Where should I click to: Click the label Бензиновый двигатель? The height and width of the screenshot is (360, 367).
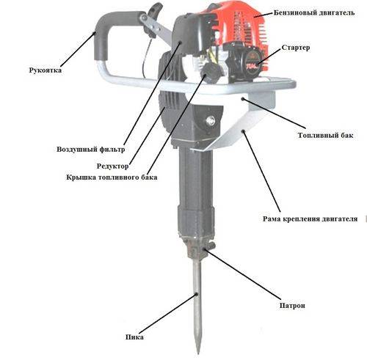pyautogui.click(x=314, y=12)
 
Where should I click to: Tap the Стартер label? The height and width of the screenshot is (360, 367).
pyautogui.click(x=296, y=48)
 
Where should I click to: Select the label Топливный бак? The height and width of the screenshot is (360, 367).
pyautogui.click(x=325, y=135)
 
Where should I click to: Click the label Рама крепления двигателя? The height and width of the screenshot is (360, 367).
pyautogui.click(x=310, y=218)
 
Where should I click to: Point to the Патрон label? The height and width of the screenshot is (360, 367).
pyautogui.click(x=292, y=306)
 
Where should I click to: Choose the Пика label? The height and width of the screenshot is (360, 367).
pyautogui.click(x=134, y=337)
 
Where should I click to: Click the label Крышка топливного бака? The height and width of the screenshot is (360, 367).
pyautogui.click(x=112, y=177)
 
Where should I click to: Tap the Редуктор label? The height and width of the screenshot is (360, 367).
pyautogui.click(x=112, y=166)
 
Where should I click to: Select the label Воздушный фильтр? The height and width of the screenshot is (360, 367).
pyautogui.click(x=91, y=149)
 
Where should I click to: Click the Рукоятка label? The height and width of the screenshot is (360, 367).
pyautogui.click(x=46, y=70)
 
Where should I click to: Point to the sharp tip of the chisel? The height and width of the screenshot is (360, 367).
pyautogui.click(x=198, y=353)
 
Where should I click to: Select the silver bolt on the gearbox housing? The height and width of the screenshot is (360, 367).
pyautogui.click(x=210, y=120)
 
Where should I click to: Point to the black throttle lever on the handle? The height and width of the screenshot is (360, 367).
pyautogui.click(x=152, y=20)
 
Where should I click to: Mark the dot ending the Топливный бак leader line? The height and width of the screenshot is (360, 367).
pyautogui.click(x=242, y=99)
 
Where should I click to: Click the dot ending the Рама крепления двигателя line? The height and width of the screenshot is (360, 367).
pyautogui.click(x=244, y=132)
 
